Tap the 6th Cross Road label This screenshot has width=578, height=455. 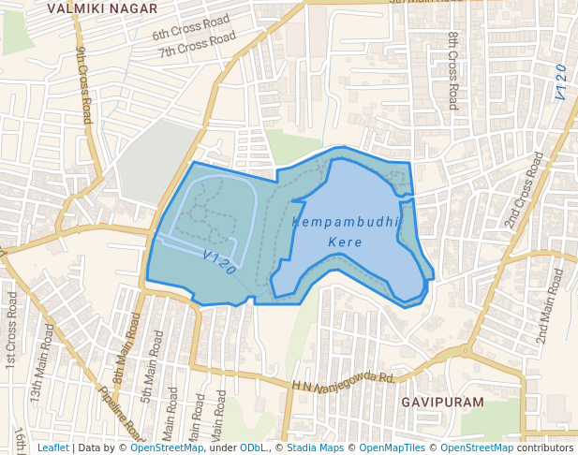(x=190, y=27)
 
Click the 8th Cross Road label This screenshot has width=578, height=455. (x=452, y=70)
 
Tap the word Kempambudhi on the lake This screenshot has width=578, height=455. (x=346, y=222)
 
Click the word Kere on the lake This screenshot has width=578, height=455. (x=345, y=242)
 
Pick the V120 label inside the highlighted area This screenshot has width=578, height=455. (x=219, y=261)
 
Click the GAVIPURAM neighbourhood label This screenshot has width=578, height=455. (x=443, y=402)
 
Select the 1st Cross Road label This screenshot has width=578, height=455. (x=11, y=328)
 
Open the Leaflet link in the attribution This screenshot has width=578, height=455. (x=52, y=448)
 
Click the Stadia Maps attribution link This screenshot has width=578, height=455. (x=315, y=448)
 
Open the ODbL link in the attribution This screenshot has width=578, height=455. (x=254, y=448)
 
